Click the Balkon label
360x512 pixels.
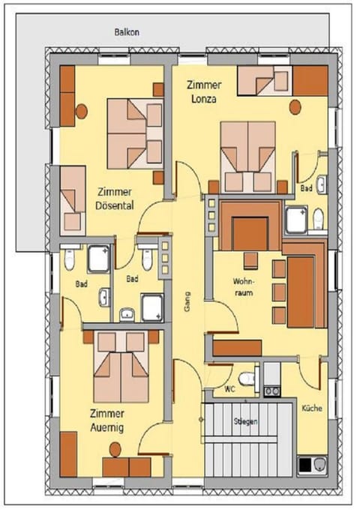[127, 32]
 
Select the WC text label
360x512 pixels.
[229, 391]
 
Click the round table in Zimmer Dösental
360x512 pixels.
[82, 112]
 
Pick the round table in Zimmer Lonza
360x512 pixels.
[295, 106]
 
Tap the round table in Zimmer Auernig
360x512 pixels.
[115, 449]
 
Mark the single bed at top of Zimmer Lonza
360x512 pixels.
[264, 81]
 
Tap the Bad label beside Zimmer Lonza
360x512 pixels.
[306, 189]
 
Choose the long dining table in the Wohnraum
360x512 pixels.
[300, 291]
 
